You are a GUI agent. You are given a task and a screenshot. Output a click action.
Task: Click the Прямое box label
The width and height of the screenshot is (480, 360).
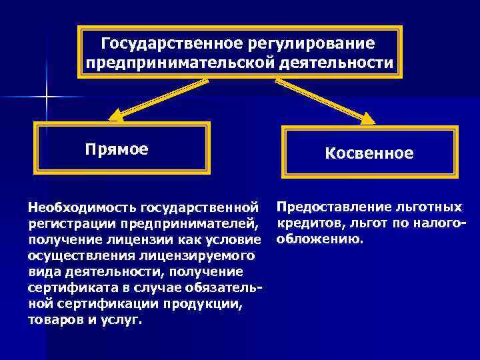[x=117, y=147]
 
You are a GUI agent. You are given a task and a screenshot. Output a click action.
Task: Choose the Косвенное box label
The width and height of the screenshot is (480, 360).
[x=369, y=153]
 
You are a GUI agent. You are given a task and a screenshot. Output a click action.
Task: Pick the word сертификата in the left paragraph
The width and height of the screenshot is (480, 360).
[x=66, y=287]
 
